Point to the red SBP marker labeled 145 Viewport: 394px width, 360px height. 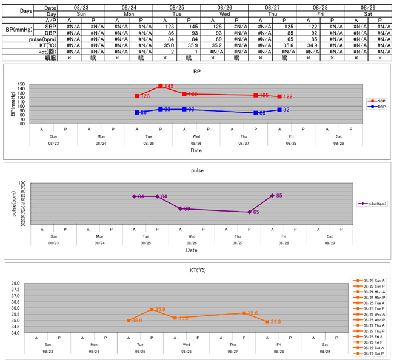point(160,87)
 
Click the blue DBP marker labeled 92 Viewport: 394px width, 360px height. point(279,110)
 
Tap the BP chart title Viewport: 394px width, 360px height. point(196,72)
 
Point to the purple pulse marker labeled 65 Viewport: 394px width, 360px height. point(249,212)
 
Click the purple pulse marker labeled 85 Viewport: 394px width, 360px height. point(272,195)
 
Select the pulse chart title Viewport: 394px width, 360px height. point(197,171)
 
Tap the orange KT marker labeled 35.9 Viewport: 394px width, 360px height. point(152,309)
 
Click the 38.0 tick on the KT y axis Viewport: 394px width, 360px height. point(16,283)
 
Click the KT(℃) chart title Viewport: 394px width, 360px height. point(197,270)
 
